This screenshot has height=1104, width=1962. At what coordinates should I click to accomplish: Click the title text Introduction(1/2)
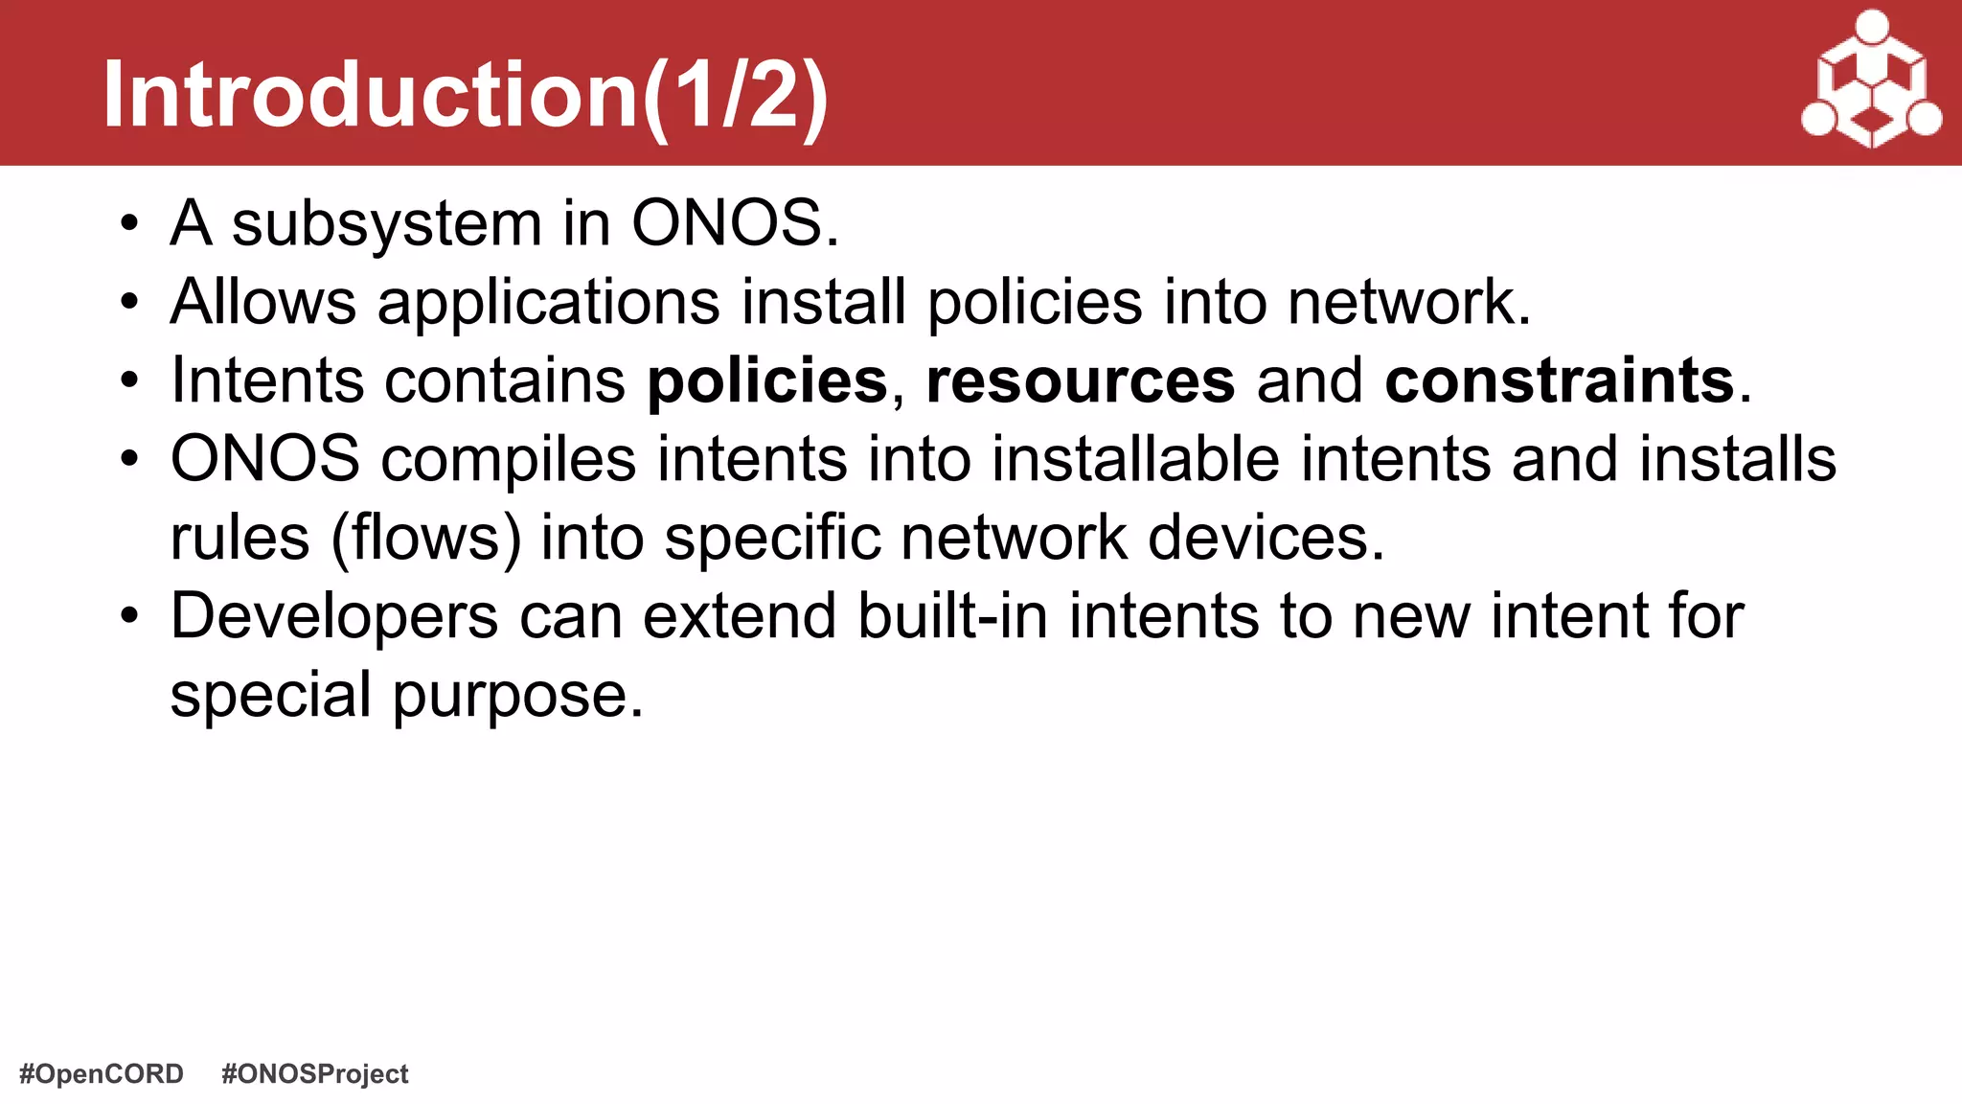[466, 95]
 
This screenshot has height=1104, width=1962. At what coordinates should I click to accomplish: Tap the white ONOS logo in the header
[1871, 80]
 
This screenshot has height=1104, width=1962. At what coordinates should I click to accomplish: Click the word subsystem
[387, 224]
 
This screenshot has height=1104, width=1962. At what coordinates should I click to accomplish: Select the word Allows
[263, 303]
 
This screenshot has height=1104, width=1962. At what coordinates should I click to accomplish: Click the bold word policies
[767, 381]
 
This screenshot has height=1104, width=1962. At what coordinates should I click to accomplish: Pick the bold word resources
[1080, 381]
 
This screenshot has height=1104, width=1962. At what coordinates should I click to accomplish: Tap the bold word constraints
[1559, 380]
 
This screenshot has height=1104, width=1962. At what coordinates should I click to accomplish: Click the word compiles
[508, 461]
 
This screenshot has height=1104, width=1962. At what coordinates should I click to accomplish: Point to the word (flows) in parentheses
[425, 539]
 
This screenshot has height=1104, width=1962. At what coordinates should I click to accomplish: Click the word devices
[1266, 538]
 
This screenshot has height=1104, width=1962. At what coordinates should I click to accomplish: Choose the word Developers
[334, 618]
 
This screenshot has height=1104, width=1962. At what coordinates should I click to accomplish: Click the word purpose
[517, 697]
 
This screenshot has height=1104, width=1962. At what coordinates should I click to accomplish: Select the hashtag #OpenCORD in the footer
[102, 1073]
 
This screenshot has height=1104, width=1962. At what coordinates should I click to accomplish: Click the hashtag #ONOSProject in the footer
[314, 1073]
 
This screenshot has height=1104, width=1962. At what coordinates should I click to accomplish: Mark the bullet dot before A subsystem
[129, 226]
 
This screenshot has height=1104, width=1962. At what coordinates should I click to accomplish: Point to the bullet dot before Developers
[129, 617]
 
